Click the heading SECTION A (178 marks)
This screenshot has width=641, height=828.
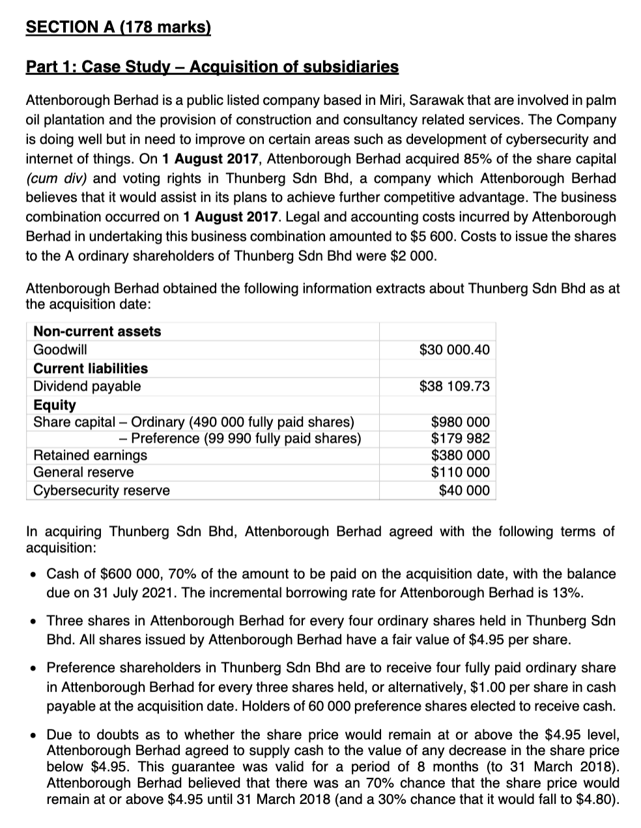[x=118, y=27]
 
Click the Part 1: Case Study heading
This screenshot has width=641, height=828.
[x=212, y=67]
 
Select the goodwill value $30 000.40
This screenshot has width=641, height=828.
[x=454, y=350]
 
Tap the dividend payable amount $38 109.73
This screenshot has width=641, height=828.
[x=454, y=386]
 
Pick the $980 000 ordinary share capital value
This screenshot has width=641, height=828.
[x=460, y=422]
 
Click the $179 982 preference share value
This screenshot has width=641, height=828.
[x=460, y=438]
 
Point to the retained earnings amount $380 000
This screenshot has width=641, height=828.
[x=460, y=455]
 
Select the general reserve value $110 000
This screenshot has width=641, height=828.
[x=460, y=472]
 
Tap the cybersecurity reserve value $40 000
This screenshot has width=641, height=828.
[x=464, y=490]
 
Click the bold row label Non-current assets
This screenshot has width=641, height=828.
[x=97, y=331]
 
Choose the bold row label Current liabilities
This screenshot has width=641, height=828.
[x=91, y=368]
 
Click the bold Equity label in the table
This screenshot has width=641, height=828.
[x=55, y=405]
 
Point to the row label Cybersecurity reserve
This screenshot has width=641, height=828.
[x=101, y=490]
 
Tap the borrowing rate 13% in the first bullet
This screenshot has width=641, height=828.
[x=569, y=593]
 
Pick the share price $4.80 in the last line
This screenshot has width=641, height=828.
[x=593, y=799]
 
